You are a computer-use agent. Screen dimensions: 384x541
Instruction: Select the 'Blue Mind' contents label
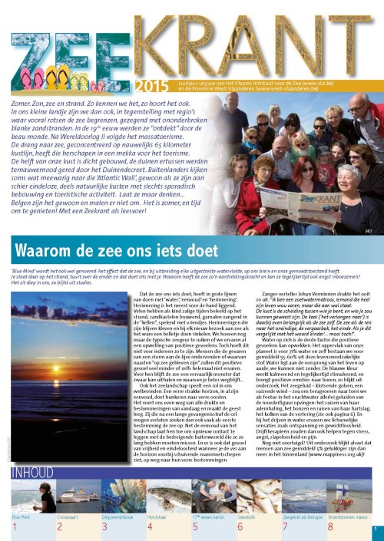click(20, 517)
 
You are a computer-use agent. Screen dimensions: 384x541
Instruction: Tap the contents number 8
click(330, 528)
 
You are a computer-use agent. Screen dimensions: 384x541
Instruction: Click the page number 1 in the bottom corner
click(375, 529)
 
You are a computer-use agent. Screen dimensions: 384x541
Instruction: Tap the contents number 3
click(104, 528)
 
